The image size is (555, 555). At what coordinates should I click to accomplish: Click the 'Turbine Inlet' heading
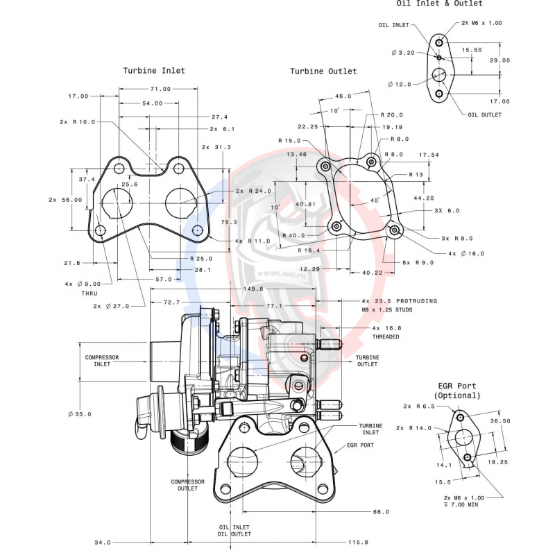(154, 71)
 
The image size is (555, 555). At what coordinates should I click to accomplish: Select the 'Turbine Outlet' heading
(323, 71)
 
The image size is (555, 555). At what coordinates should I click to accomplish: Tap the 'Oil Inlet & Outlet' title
(449, 3)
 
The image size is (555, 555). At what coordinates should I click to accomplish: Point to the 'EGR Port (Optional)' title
(456, 391)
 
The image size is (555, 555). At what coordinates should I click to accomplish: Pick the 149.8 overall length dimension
(253, 289)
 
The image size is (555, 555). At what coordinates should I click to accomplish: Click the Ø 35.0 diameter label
(80, 414)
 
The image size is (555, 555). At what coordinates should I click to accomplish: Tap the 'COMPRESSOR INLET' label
(102, 361)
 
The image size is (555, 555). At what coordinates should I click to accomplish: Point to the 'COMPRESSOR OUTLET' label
(189, 485)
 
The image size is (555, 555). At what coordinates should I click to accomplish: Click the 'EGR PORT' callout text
(360, 445)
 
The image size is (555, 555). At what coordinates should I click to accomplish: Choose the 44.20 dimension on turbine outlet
(424, 198)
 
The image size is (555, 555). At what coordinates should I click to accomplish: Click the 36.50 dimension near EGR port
(500, 420)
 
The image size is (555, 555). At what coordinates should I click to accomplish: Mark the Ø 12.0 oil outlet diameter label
(400, 84)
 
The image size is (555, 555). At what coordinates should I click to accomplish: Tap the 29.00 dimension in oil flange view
(499, 60)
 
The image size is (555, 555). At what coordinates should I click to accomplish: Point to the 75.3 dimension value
(230, 222)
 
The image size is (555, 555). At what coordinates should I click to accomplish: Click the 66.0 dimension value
(380, 512)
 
